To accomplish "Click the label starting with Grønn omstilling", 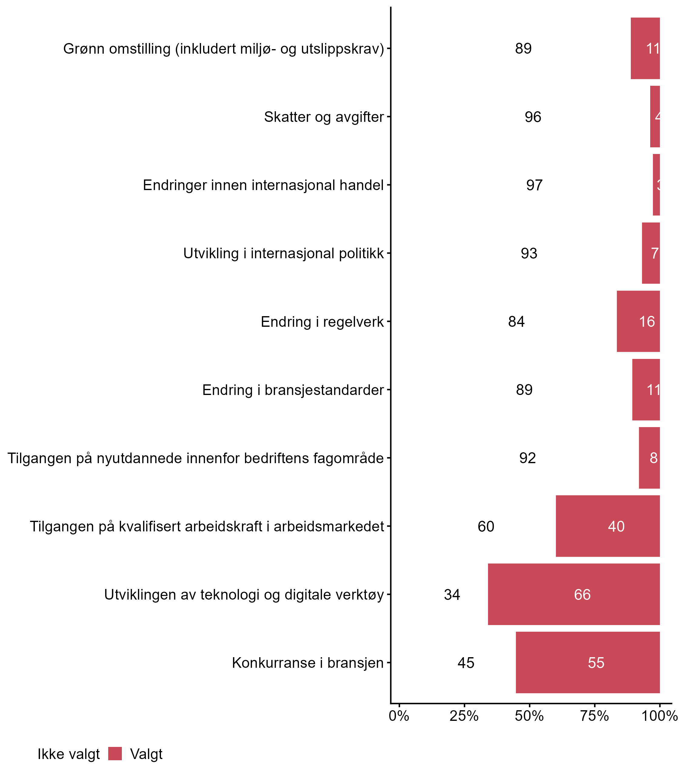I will pyautogui.click(x=224, y=49).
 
